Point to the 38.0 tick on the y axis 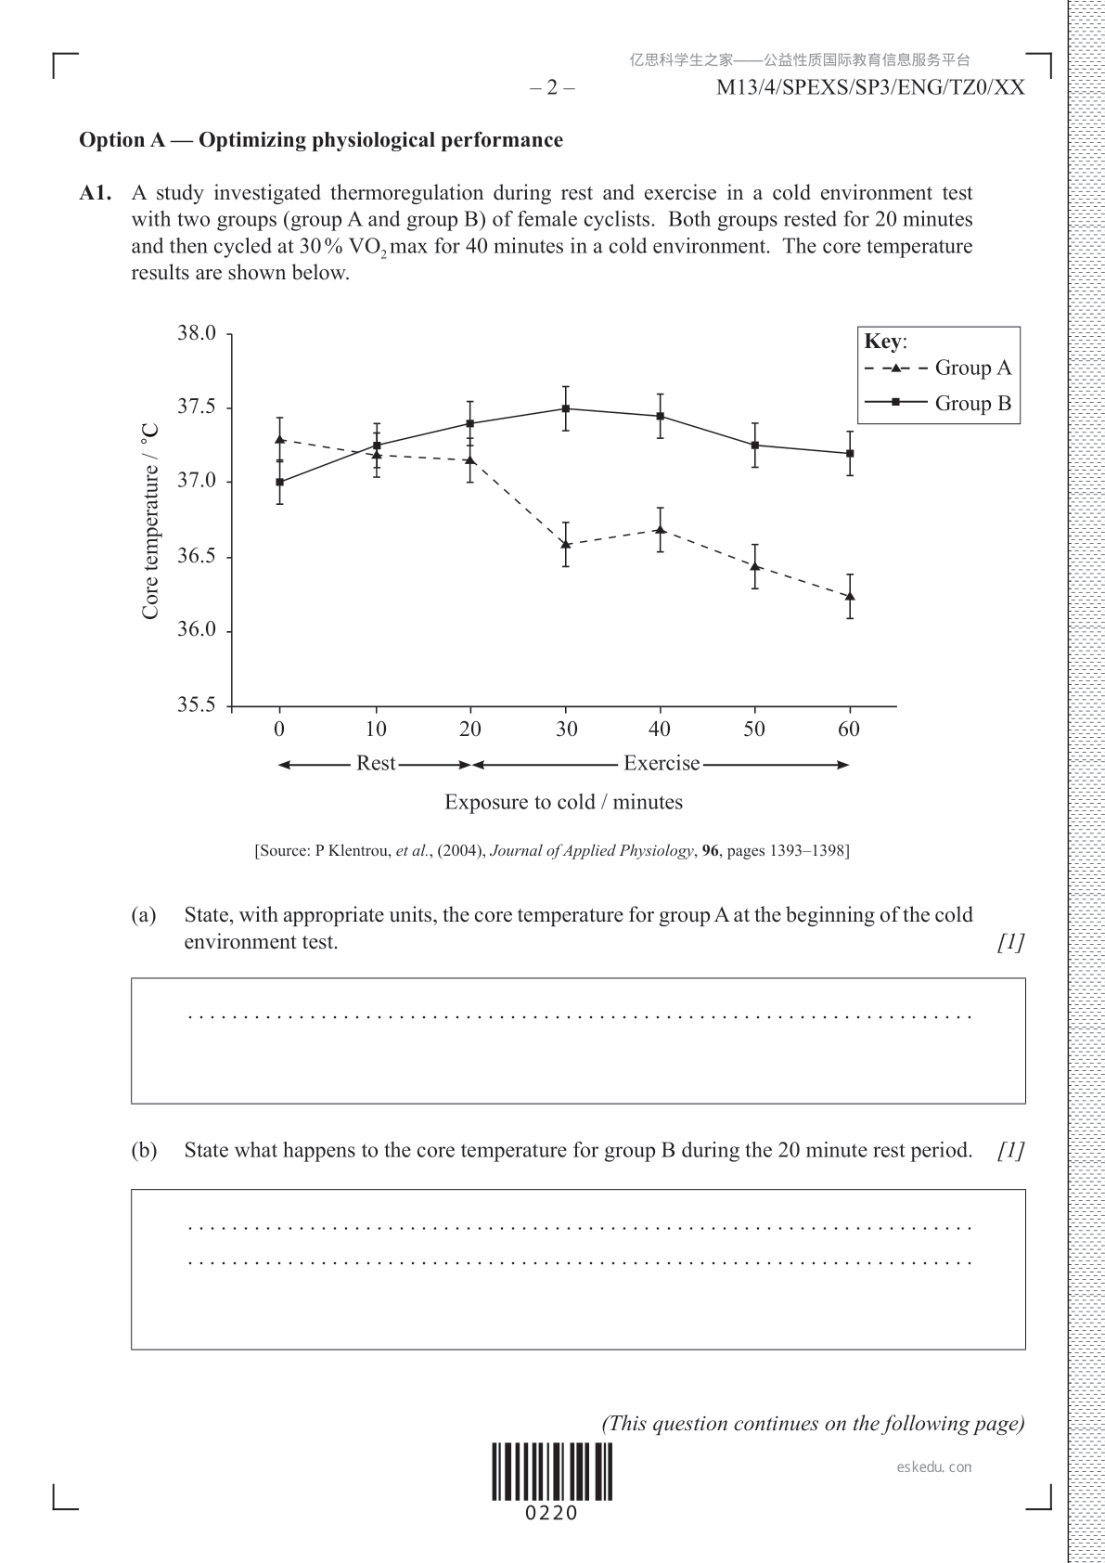tap(197, 333)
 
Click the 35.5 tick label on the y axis tap(197, 705)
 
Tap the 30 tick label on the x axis tap(566, 730)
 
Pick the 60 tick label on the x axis tap(849, 730)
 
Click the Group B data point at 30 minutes tap(566, 408)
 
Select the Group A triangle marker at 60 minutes tap(850, 596)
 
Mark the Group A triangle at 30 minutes tap(566, 544)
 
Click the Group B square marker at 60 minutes tap(850, 453)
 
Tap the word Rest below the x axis tap(376, 764)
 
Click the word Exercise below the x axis tap(662, 764)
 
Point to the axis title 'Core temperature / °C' tap(151, 522)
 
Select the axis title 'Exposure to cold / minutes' tap(563, 802)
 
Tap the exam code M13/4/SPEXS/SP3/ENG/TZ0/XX tap(870, 88)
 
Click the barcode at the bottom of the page tap(552, 1472)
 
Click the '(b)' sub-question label tap(144, 1151)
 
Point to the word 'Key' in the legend tap(882, 342)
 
